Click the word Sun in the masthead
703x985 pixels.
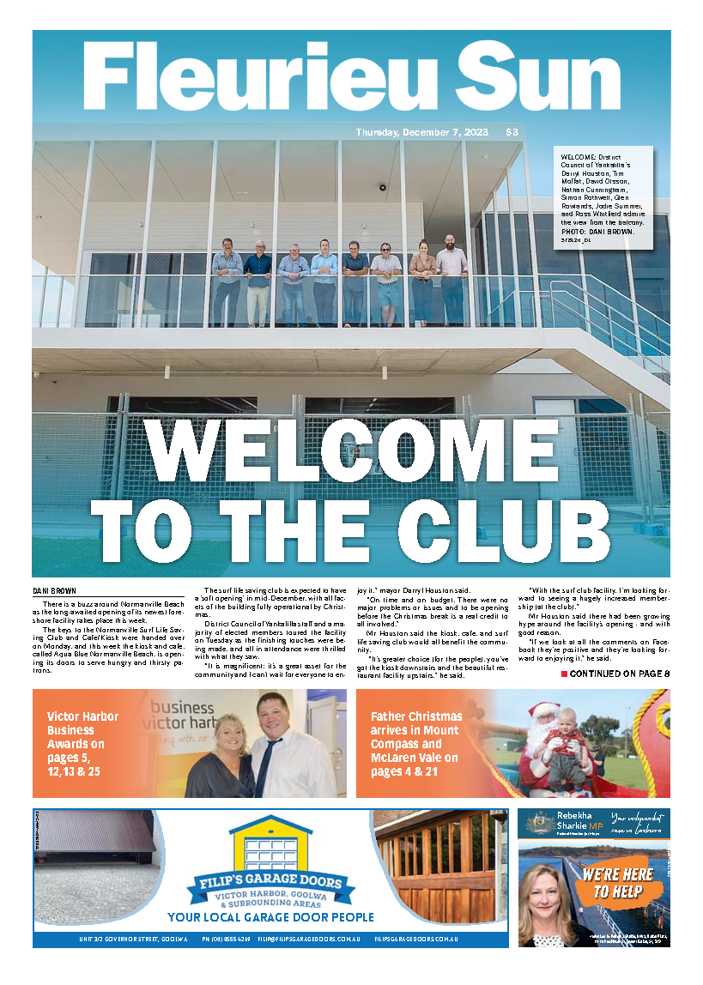coord(524,76)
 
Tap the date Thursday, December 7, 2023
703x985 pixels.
coord(421,132)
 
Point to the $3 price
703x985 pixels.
coord(512,132)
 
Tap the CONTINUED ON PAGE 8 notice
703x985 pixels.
coord(615,674)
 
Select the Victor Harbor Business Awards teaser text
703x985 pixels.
coord(84,743)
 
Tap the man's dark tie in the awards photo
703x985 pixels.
coord(267,759)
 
